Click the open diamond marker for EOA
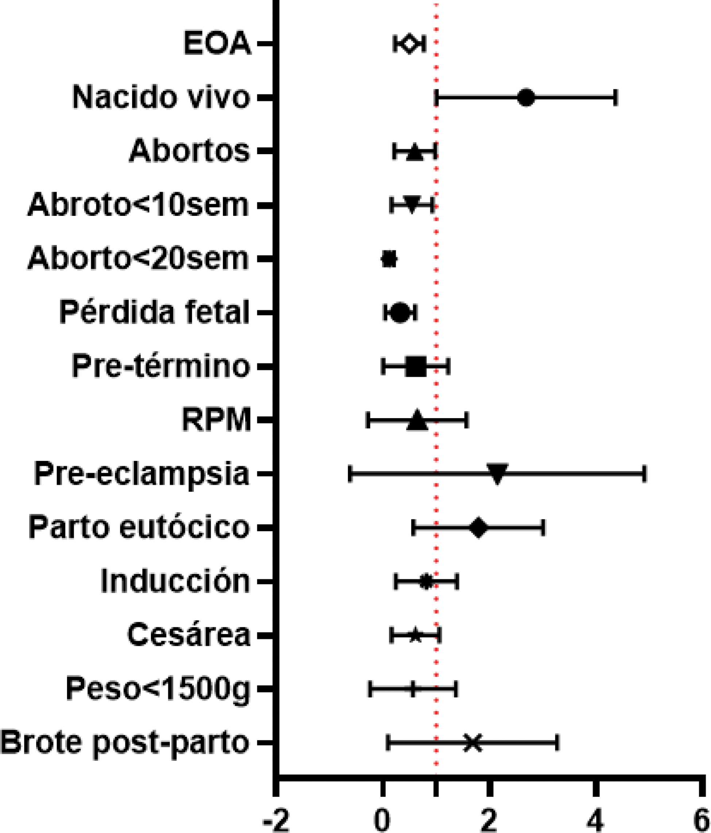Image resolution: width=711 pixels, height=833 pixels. click(x=409, y=43)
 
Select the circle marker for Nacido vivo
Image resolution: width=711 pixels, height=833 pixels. click(x=527, y=98)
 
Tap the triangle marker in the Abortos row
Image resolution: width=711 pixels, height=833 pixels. click(x=415, y=152)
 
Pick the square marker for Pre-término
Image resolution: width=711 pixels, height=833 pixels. click(x=416, y=366)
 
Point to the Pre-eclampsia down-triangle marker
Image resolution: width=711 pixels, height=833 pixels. click(x=497, y=473)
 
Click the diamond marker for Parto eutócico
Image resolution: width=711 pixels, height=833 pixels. click(x=478, y=528)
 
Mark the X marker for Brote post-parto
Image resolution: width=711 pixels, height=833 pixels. click(x=473, y=743)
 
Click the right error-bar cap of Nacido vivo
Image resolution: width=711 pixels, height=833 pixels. click(x=616, y=98)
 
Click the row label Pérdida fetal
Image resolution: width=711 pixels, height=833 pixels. click(x=155, y=312)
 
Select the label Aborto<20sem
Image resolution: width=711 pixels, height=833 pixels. click(x=138, y=258)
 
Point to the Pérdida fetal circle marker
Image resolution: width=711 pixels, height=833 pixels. click(x=400, y=313)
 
